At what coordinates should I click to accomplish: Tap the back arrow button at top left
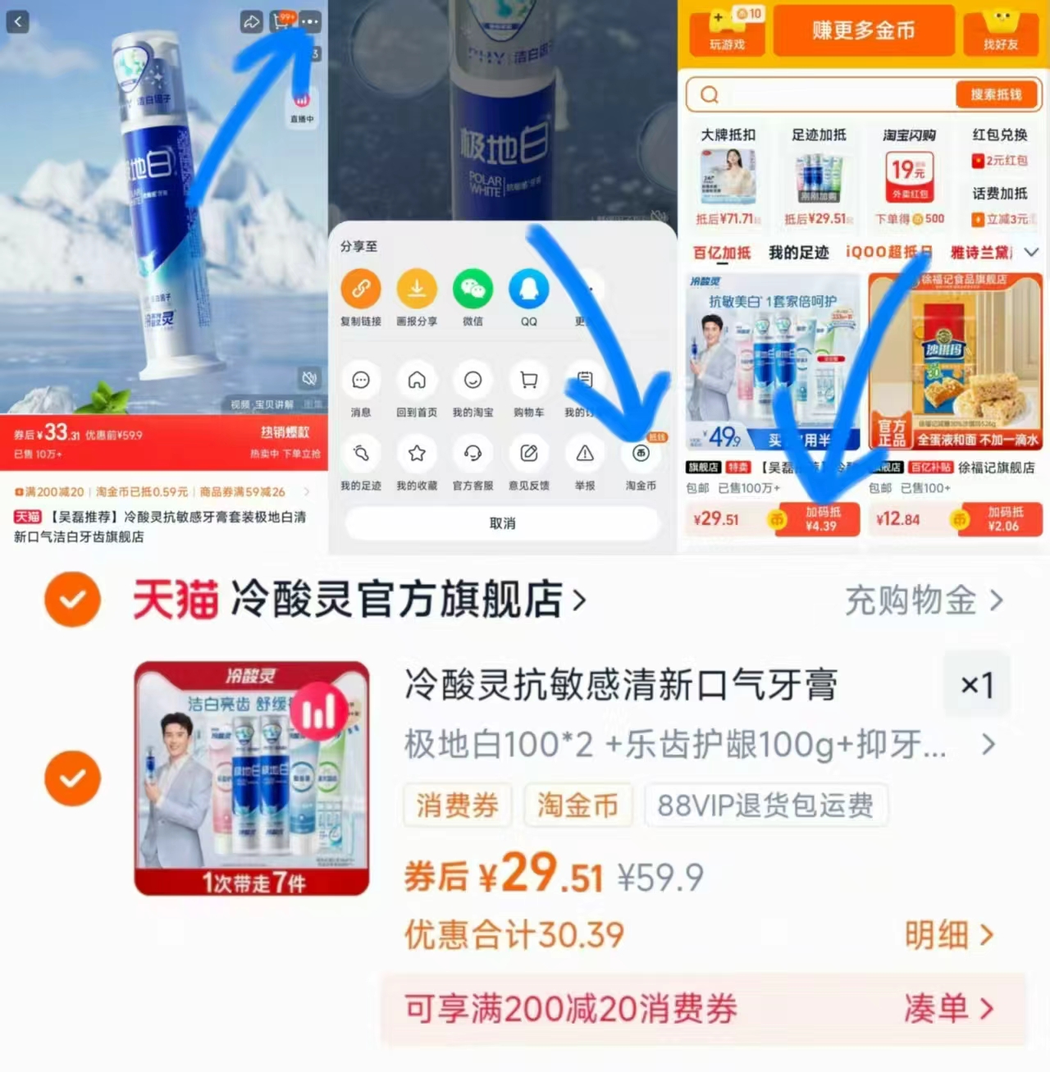point(18,21)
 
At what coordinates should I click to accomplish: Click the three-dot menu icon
point(309,21)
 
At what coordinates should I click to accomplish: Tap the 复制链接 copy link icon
point(361,289)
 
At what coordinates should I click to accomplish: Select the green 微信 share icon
point(472,289)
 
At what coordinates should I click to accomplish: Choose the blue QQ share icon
point(528,289)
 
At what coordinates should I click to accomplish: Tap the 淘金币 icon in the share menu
point(641,454)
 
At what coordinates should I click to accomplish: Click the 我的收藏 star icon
point(417,454)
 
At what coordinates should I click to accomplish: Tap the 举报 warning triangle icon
point(585,454)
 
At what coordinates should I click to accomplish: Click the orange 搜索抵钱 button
point(996,94)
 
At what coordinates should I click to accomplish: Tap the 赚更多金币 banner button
point(863,30)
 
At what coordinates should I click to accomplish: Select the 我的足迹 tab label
point(798,253)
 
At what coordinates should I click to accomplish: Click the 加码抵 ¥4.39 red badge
point(821,519)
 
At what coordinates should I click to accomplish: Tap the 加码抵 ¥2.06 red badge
point(1004,519)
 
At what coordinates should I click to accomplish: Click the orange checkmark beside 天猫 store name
point(72,600)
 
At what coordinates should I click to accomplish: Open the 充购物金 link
point(923,600)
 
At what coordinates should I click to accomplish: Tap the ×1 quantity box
point(977,684)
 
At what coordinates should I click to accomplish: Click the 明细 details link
point(948,934)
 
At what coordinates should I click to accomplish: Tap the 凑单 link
point(948,1008)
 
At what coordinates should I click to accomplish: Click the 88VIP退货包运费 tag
point(765,805)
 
